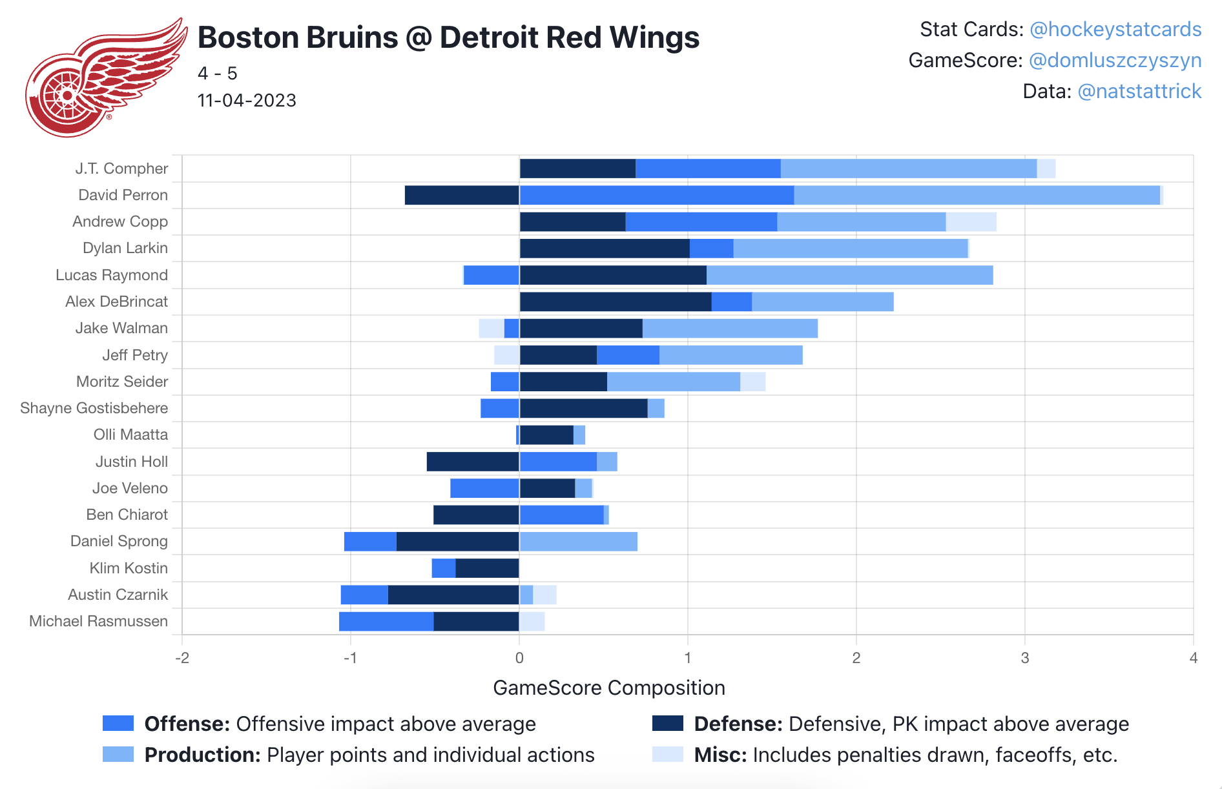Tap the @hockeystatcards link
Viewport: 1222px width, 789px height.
[x=1115, y=30]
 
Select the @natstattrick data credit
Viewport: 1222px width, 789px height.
[x=1139, y=92]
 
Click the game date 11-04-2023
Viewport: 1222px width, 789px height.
[x=247, y=101]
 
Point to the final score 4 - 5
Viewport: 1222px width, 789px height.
[x=217, y=74]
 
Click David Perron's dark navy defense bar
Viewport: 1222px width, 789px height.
[x=462, y=195]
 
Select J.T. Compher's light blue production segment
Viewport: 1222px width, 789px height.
[x=908, y=169]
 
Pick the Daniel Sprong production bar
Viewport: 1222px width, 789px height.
[x=578, y=541]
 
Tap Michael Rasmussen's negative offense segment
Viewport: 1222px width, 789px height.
[x=386, y=621]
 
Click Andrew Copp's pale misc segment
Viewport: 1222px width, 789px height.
[x=971, y=221]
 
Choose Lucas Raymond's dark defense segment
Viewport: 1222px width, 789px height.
[x=613, y=275]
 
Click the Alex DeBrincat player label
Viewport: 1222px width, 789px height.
[x=116, y=302]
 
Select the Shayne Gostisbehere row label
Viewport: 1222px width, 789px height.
[x=94, y=408]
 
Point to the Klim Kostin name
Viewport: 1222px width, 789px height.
[x=129, y=568]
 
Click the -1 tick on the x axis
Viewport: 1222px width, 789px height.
[x=350, y=658]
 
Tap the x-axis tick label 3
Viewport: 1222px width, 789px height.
[x=1024, y=658]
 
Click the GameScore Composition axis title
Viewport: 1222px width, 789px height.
[x=608, y=688]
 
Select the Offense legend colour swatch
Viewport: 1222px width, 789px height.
[x=118, y=724]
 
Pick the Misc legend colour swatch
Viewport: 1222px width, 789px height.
[x=667, y=755]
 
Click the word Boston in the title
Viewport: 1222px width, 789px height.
[x=243, y=37]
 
